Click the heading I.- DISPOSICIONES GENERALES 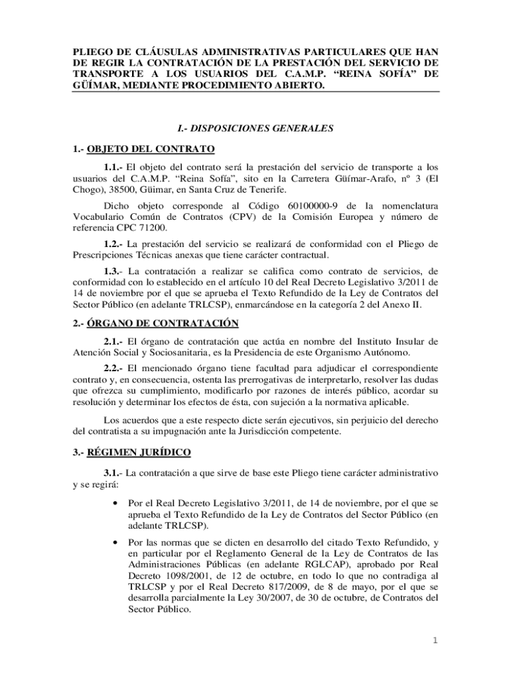[x=255, y=129]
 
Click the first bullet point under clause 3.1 [x=117, y=503]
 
